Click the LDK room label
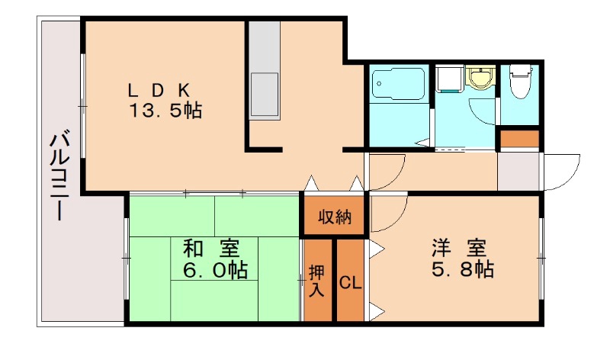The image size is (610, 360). (x=159, y=91)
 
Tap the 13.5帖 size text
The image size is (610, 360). (x=165, y=111)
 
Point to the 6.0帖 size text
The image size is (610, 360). (x=215, y=269)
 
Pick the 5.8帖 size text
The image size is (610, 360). (x=463, y=268)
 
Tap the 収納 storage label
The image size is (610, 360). (x=335, y=217)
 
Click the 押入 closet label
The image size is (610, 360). (x=316, y=281)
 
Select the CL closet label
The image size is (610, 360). (x=350, y=283)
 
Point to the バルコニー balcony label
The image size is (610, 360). (x=59, y=177)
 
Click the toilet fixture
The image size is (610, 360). (x=521, y=81)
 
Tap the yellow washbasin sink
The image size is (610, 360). (x=481, y=79)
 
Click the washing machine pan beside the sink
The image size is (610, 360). (x=449, y=79)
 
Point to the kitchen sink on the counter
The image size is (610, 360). (x=265, y=94)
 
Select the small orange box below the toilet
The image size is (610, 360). (x=519, y=139)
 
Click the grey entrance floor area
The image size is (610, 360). (x=518, y=172)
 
